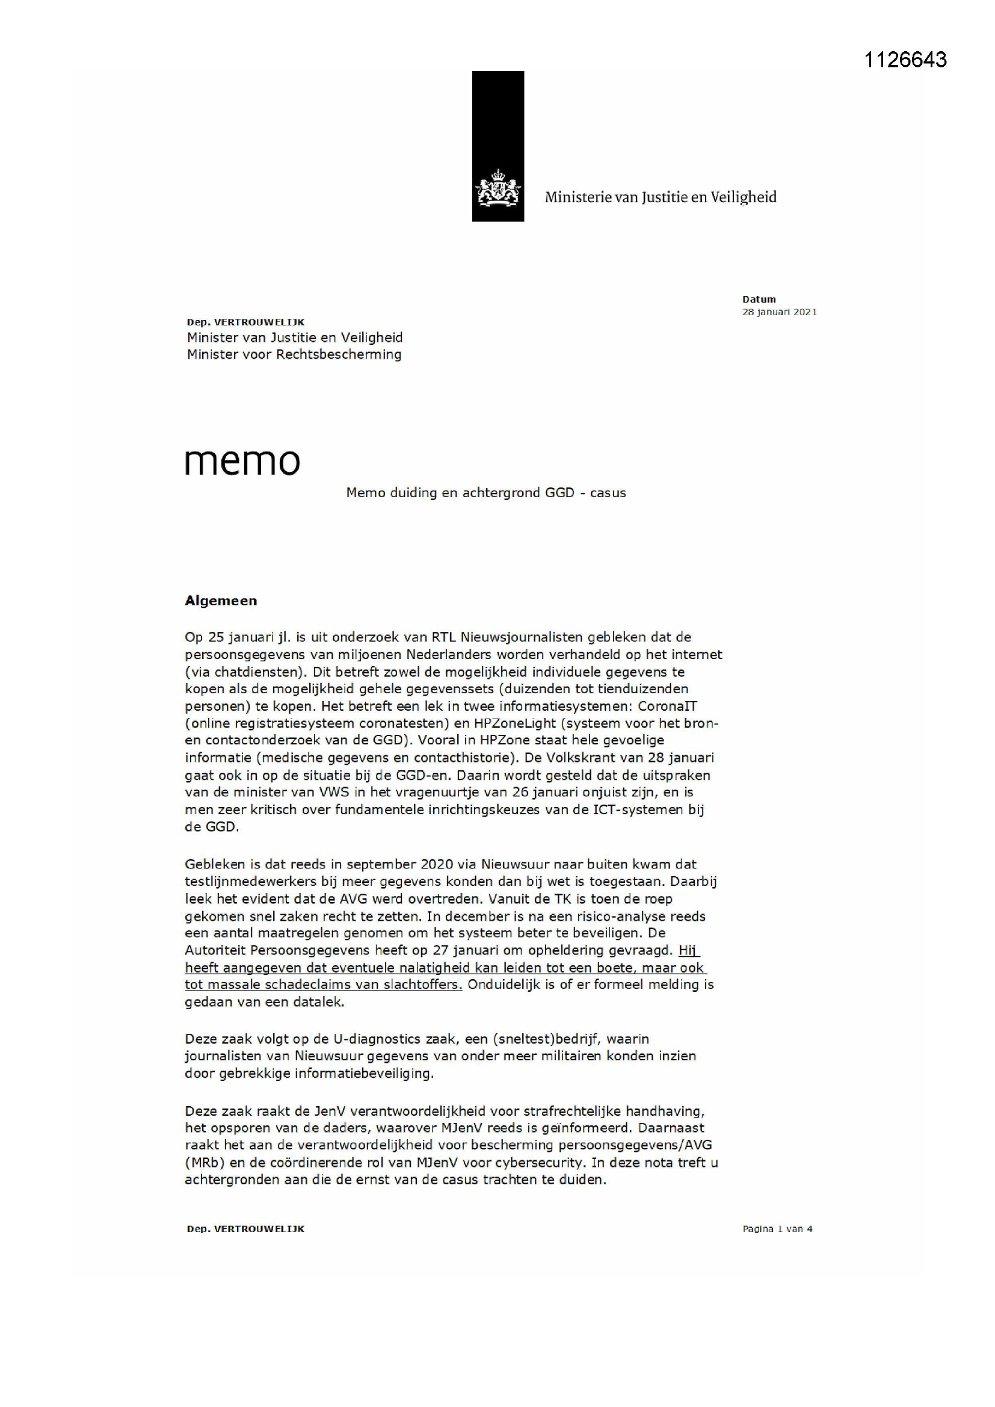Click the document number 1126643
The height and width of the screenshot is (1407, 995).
pos(905,60)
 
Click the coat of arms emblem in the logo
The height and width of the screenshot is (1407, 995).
pos(498,188)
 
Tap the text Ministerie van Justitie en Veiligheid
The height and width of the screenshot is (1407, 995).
pos(661,197)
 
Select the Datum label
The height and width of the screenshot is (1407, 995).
pos(759,299)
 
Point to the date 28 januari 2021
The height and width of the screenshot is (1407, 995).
pos(779,312)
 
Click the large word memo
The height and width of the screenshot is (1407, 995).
pos(242,463)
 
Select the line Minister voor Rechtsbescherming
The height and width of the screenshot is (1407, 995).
pos(294,354)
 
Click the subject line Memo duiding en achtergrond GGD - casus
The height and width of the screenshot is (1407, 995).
pos(486,493)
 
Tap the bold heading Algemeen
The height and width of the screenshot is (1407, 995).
pos(221,601)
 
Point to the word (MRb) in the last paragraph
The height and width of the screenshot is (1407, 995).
pos(202,1162)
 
